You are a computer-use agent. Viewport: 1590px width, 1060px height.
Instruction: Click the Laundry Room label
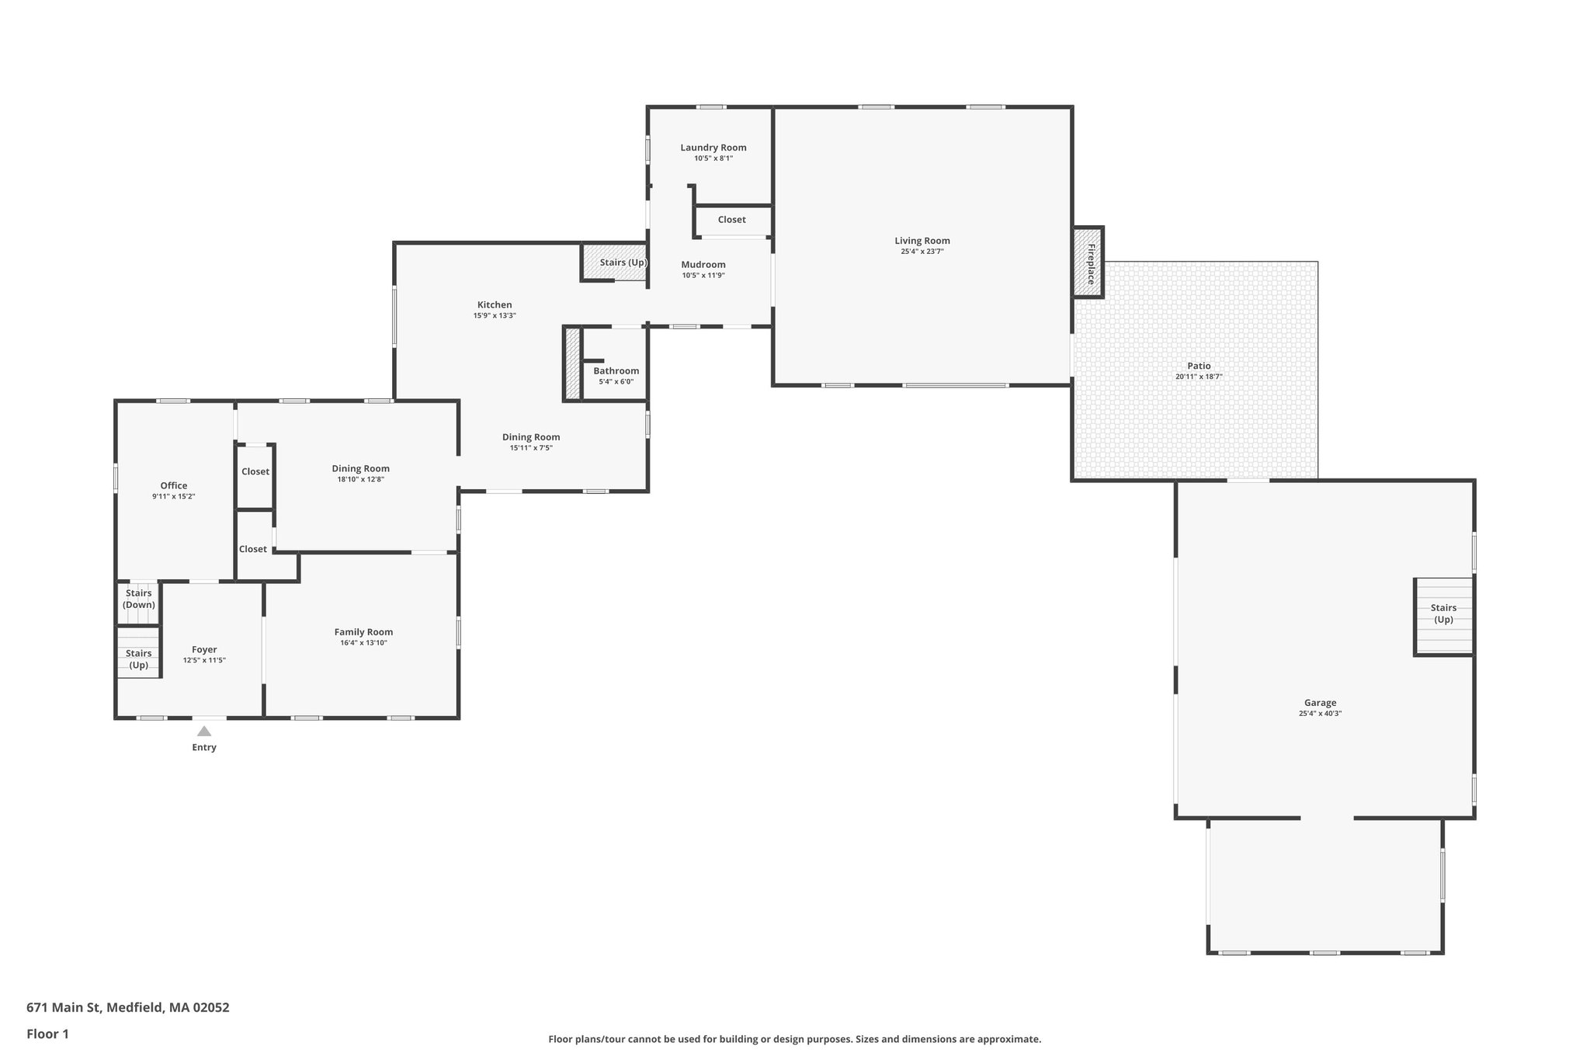coord(713,148)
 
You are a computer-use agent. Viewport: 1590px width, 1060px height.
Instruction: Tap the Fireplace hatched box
coord(1088,262)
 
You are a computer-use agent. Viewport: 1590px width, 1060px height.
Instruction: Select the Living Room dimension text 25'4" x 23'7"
coord(922,252)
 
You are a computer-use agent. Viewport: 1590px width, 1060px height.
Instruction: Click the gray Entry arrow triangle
coord(204,731)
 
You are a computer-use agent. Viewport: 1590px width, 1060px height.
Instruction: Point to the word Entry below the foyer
coord(204,748)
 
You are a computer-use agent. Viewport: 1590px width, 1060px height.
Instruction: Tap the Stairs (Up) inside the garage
coord(1443,614)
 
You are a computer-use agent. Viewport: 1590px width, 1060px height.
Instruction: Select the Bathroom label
coord(616,371)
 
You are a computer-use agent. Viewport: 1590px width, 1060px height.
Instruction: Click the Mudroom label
coord(703,265)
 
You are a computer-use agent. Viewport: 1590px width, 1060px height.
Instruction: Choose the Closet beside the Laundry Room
coord(731,220)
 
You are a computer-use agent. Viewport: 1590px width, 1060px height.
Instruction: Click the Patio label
coord(1199,366)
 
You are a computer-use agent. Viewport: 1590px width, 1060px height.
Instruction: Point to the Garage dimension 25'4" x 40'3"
coord(1320,713)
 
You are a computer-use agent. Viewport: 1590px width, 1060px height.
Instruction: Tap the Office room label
coord(174,485)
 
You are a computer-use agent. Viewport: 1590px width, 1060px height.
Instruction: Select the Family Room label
coord(363,632)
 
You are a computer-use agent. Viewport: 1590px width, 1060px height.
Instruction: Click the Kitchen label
coord(495,304)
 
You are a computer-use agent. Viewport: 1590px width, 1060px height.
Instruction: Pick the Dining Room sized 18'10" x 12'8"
coord(360,468)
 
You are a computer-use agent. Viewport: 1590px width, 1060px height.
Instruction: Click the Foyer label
coord(204,649)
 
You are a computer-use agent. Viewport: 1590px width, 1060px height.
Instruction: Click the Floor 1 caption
coord(47,1034)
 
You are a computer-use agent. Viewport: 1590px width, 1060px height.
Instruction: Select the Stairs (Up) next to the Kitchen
coord(622,262)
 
